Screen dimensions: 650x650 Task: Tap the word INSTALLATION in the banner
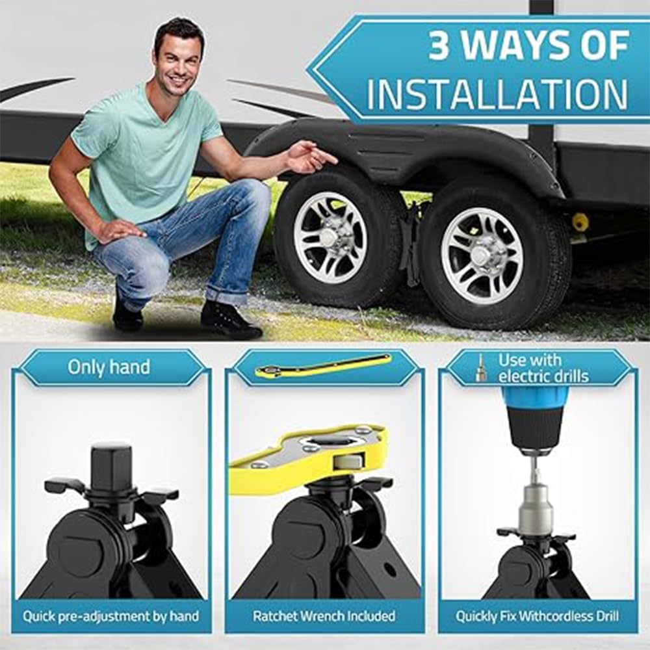pos(497,95)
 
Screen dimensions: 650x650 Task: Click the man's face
pos(179,58)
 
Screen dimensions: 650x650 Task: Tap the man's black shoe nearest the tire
pos(231,320)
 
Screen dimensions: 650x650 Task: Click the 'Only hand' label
pos(109,367)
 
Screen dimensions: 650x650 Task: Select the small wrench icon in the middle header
pos(323,365)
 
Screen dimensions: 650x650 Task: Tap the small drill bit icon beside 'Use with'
pos(481,368)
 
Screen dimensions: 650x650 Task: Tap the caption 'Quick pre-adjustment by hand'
pos(110,616)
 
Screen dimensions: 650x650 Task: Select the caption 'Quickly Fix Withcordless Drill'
pos(537,616)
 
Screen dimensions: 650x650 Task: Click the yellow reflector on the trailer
pos(580,222)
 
